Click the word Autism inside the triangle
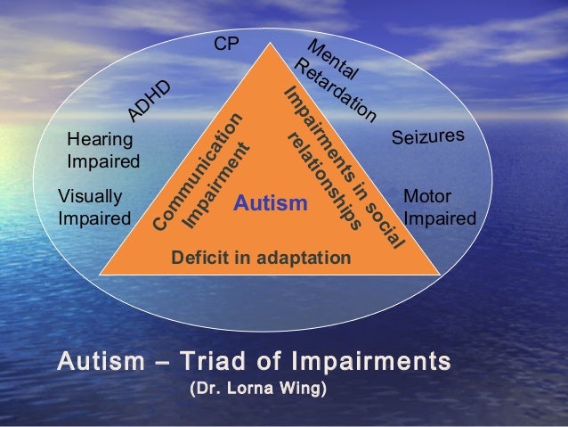(x=269, y=206)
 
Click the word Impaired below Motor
(x=440, y=218)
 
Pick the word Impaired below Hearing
(x=103, y=162)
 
